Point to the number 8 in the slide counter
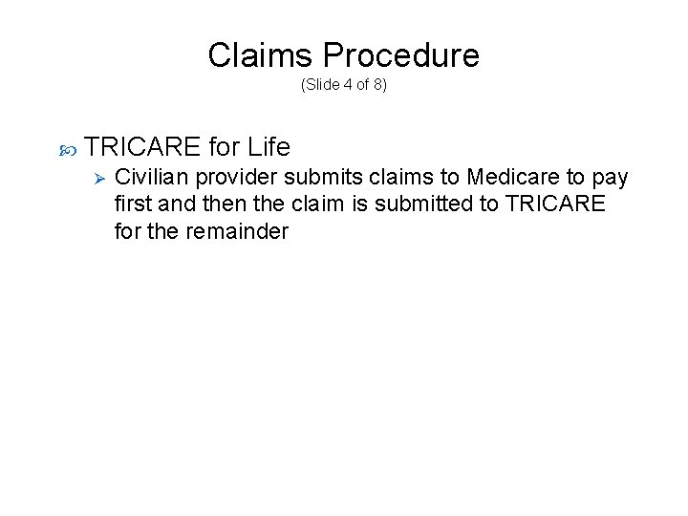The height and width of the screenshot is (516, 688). pyautogui.click(x=378, y=84)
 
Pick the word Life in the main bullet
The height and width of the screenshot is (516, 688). pyautogui.click(x=268, y=147)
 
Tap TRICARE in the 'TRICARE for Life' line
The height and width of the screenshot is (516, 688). pyautogui.click(x=142, y=147)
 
